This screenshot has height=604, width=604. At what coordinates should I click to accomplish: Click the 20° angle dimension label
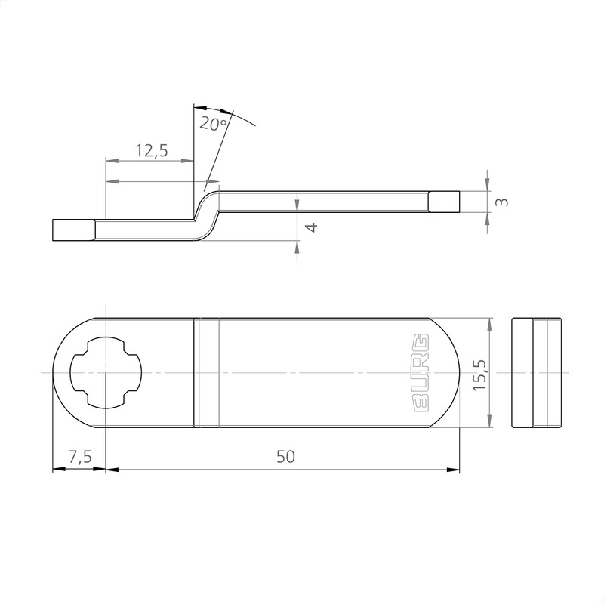click(214, 123)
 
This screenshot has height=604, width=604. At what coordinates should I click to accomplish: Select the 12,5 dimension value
click(151, 150)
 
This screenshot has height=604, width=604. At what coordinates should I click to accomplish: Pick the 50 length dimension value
click(285, 457)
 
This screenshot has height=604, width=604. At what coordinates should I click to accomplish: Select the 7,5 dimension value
click(79, 457)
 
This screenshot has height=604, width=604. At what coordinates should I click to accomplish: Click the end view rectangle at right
click(537, 373)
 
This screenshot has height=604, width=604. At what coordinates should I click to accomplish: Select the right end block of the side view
click(444, 202)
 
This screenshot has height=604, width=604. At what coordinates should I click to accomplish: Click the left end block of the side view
click(73, 230)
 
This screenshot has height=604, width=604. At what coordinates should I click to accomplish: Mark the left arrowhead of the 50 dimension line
click(112, 470)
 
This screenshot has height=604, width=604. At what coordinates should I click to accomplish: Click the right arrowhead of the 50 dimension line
click(454, 470)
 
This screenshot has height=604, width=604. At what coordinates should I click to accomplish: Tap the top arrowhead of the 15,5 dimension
click(491, 324)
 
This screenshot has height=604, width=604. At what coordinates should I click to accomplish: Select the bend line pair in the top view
click(207, 373)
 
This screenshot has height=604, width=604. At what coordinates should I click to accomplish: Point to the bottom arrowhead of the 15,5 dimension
click(491, 422)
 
